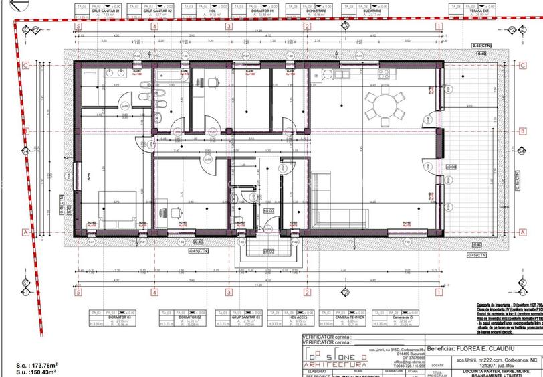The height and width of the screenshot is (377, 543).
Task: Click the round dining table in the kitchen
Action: [384, 106]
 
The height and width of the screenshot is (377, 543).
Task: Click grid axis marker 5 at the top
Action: [79, 27]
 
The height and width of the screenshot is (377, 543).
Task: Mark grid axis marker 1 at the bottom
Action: [439, 291]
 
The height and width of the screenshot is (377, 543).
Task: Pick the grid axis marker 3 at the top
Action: [229, 27]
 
